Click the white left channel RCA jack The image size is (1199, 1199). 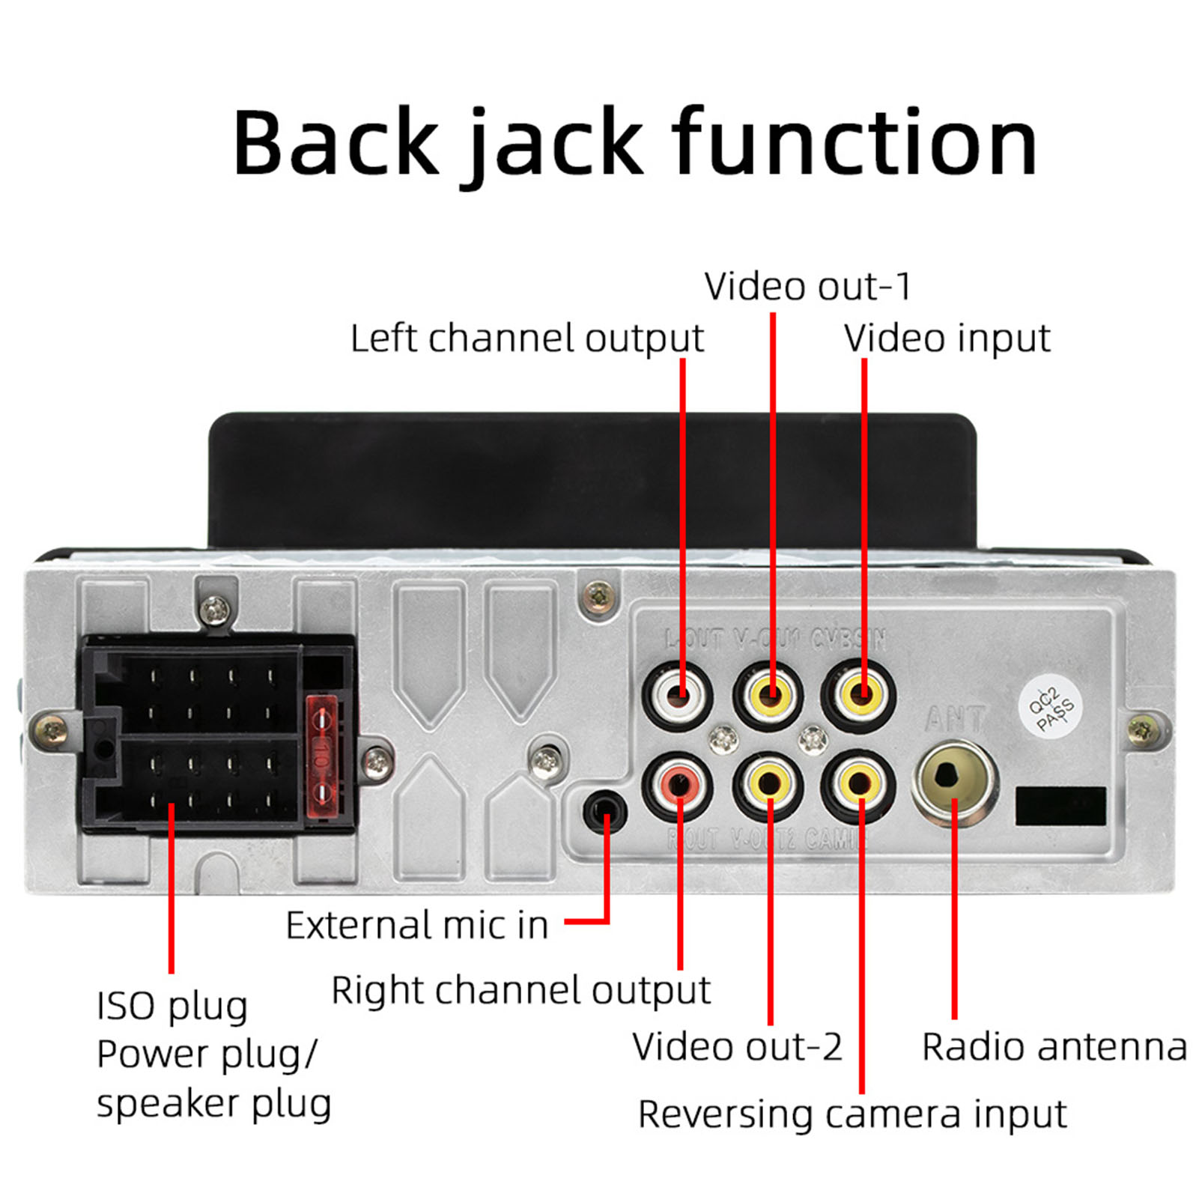point(678,696)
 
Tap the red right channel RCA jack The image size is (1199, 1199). point(678,786)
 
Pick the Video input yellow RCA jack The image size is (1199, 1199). point(859,695)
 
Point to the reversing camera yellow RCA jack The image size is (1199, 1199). point(859,786)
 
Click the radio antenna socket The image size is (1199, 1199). point(954,782)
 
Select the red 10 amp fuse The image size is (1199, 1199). point(323,756)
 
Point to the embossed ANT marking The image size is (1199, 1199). point(953,720)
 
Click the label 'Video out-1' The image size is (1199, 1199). point(807,287)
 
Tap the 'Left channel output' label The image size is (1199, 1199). point(526,339)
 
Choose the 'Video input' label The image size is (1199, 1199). point(947,339)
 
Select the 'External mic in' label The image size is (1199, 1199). point(417,926)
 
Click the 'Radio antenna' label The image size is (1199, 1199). point(1054,1047)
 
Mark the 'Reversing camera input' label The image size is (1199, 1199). point(852,1114)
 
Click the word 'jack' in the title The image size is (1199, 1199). point(554,144)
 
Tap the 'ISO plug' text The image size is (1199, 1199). point(171,1007)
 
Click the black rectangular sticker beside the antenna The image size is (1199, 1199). point(1060,806)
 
